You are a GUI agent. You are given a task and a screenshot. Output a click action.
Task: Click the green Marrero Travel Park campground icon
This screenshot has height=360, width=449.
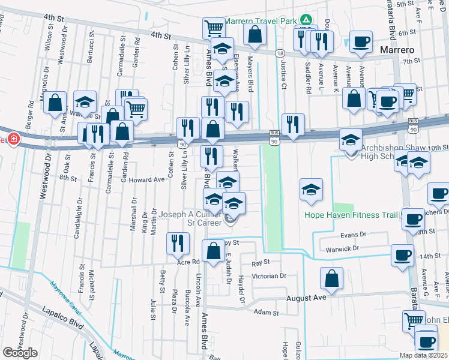(306, 20)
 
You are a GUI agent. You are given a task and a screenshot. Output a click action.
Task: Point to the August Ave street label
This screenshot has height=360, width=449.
(306, 298)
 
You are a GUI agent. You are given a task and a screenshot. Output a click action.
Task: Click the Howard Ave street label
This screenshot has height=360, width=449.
(146, 179)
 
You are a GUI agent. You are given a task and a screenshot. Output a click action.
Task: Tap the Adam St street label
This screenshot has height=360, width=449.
(267, 313)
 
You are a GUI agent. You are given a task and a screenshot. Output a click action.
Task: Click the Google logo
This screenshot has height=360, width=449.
(20, 353)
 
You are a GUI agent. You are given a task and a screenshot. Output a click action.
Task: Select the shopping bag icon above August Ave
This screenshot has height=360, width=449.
(331, 278)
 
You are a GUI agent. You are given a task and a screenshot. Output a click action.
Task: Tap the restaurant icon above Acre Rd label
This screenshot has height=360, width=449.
(178, 243)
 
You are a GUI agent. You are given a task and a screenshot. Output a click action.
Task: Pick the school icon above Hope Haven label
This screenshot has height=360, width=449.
(311, 190)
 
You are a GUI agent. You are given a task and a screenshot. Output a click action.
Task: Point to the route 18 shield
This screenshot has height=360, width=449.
(280, 53)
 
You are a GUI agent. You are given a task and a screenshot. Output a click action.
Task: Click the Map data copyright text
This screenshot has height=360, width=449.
(424, 355)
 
